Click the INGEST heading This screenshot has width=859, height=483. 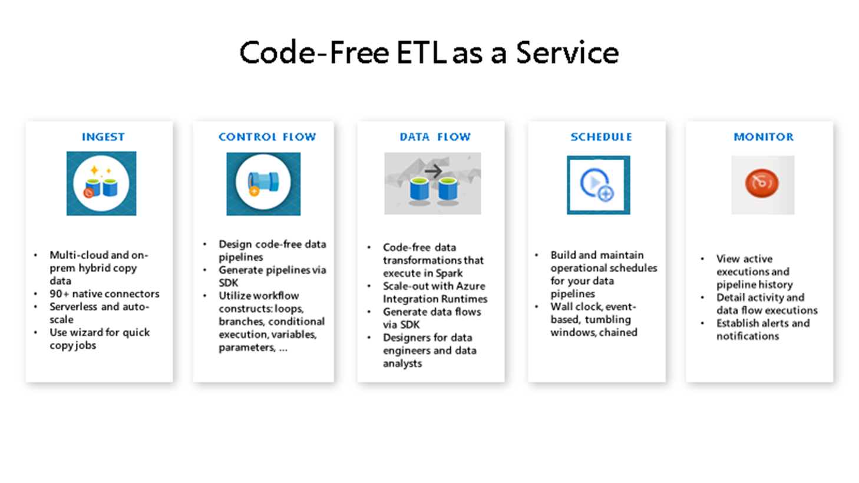(103, 137)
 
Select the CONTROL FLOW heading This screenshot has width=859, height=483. (267, 137)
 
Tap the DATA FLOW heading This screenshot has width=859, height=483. (435, 137)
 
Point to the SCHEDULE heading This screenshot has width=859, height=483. (601, 137)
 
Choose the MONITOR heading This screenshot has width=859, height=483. (764, 137)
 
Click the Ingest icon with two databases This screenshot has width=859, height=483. (101, 183)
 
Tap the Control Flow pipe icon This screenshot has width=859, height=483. (263, 183)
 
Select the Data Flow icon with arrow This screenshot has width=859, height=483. (432, 183)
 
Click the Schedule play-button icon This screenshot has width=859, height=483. (598, 184)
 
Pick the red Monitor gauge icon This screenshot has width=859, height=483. (762, 183)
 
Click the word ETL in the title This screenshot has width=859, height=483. (421, 52)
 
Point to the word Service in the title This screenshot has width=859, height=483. (567, 52)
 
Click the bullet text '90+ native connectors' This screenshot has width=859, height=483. (104, 293)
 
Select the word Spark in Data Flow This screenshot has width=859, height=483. (449, 273)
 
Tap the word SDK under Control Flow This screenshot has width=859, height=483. (229, 283)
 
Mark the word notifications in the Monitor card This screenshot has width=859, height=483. (748, 336)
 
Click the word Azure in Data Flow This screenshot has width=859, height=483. (470, 286)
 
